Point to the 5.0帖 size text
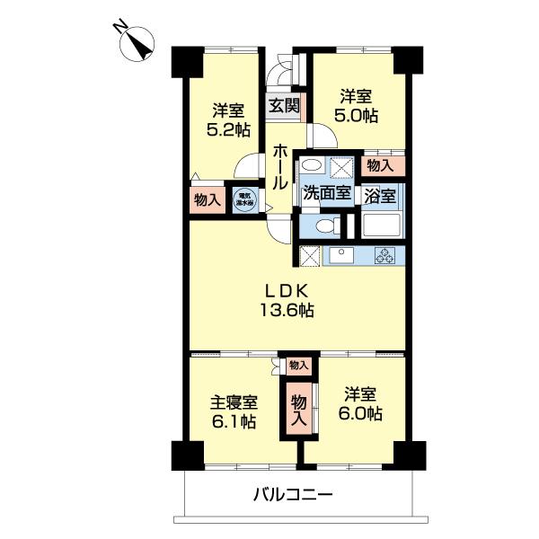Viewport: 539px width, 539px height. point(358,115)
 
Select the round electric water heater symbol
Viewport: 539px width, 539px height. point(243,198)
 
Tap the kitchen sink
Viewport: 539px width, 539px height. point(342,256)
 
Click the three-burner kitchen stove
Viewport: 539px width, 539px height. point(385,255)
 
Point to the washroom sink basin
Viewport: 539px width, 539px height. point(312,166)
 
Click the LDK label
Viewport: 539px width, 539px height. point(287,291)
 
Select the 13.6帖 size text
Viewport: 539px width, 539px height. point(287,311)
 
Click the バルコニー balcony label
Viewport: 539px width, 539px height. point(292,493)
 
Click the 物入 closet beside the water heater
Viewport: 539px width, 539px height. point(208,199)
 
